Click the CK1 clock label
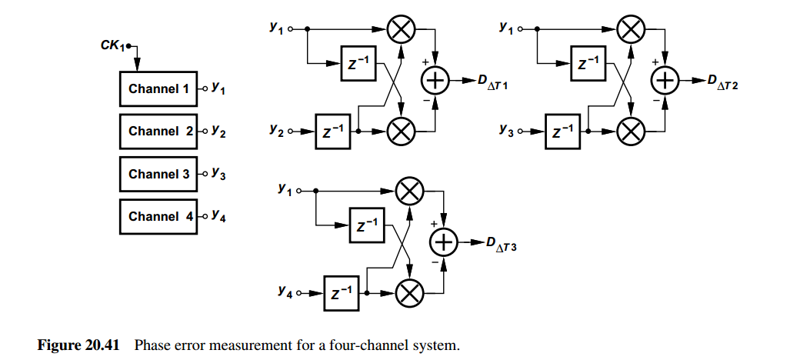click(113, 45)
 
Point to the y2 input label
click(276, 130)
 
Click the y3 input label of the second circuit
click(507, 130)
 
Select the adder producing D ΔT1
click(436, 81)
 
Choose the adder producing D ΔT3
click(445, 243)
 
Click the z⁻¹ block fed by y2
click(332, 132)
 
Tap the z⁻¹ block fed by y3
click(562, 132)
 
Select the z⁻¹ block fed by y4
click(342, 293)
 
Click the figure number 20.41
click(102, 345)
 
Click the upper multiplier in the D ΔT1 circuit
click(402, 29)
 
